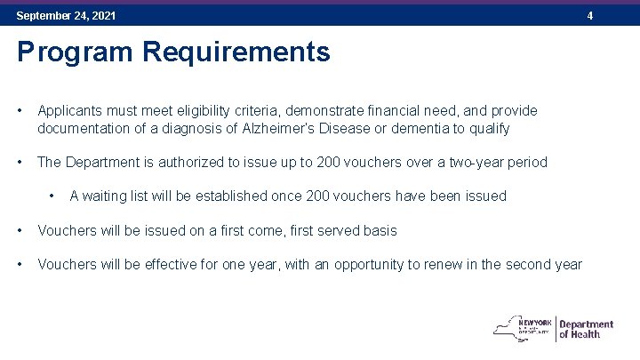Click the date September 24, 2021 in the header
pos(66,16)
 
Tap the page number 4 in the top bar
pos(614,16)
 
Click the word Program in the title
pos(60,52)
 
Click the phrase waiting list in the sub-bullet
pos(116,196)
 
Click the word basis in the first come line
pos(380,230)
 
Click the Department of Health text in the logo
pos(586,329)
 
